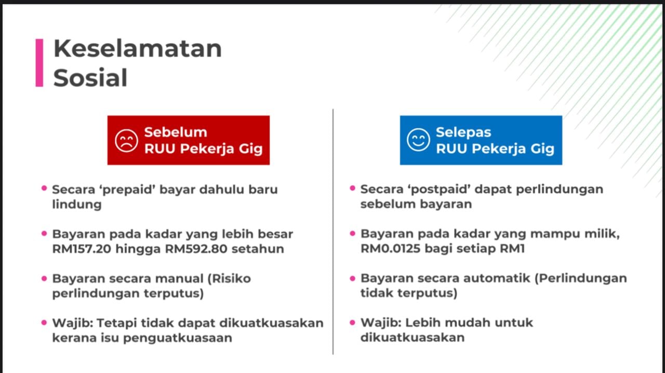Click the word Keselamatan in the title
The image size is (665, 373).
(x=138, y=48)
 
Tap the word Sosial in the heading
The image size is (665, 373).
(x=90, y=78)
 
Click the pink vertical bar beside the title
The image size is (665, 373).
(x=39, y=63)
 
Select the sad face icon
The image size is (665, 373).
(x=126, y=140)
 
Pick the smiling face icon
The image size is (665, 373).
(x=418, y=140)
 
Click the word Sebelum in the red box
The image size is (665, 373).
(x=176, y=132)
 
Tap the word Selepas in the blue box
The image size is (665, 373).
(x=463, y=132)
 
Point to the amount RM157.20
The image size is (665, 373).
(x=82, y=249)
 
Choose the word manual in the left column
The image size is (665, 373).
(x=179, y=278)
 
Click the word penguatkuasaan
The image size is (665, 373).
(x=178, y=339)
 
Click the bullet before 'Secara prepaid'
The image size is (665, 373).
(x=44, y=188)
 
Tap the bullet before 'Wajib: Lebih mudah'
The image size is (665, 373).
(x=353, y=322)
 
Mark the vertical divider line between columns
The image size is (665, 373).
(x=333, y=232)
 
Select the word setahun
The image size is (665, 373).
(x=258, y=249)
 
